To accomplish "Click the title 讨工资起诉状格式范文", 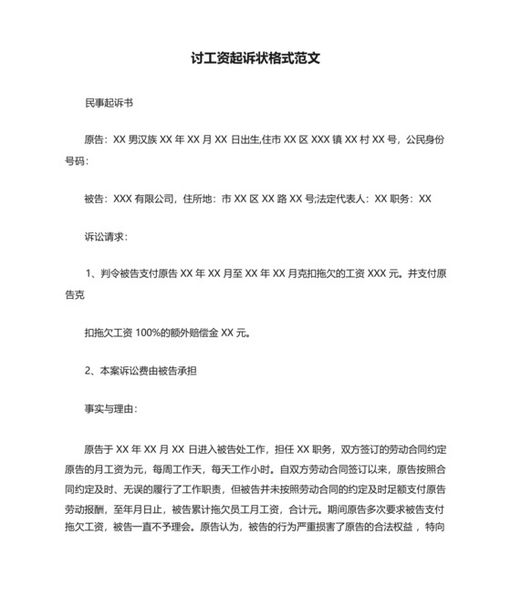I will coord(255,57).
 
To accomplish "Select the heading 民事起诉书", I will coord(109,103).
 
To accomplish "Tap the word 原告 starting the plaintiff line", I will coord(94,141).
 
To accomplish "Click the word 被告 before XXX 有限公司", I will coord(94,199).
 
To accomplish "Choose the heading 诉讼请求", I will coord(107,237).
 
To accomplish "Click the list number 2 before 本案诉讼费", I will coord(89,371).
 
